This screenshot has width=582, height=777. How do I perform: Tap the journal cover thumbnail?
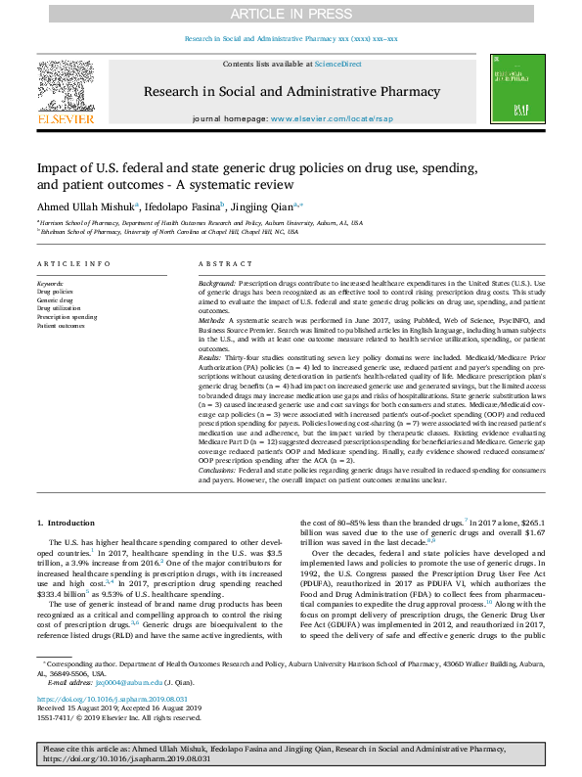[515, 90]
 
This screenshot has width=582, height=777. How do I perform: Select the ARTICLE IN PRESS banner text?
[291, 13]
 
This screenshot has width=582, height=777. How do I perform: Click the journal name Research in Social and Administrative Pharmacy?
[291, 90]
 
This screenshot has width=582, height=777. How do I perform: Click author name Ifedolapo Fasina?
[183, 207]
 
